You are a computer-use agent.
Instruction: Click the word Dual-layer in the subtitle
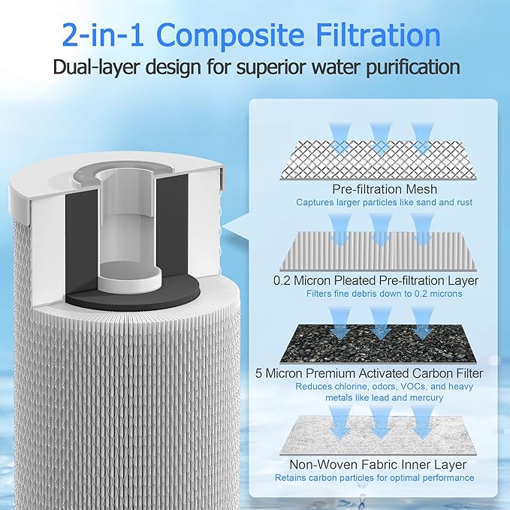tap(99, 66)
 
